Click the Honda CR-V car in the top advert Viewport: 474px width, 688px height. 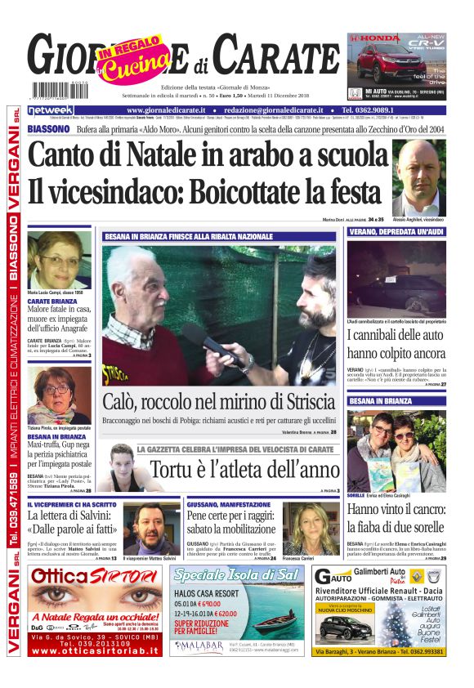380,63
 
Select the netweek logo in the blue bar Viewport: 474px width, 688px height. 50,110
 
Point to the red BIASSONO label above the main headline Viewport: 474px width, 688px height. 47,129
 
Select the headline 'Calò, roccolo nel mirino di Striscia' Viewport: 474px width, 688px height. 218,402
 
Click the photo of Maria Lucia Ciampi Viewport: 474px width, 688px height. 59,260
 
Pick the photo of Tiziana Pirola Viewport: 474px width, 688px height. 59,395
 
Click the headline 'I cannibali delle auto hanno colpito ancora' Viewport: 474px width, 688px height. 396,344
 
